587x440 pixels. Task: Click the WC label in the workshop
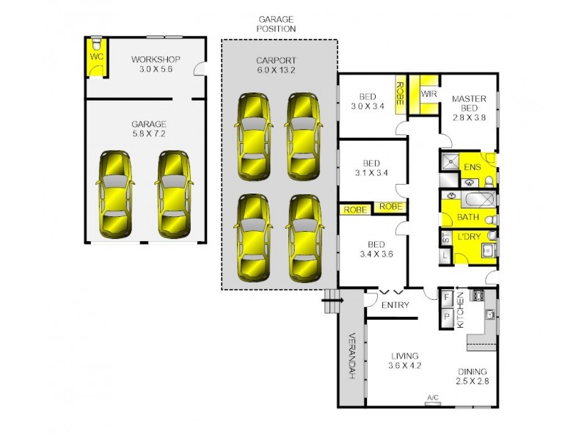pos(96,56)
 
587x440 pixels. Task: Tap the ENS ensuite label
pos(472,168)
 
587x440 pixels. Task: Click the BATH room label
pos(468,218)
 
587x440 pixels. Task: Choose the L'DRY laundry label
pos(469,239)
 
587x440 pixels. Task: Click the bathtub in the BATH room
pos(469,198)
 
